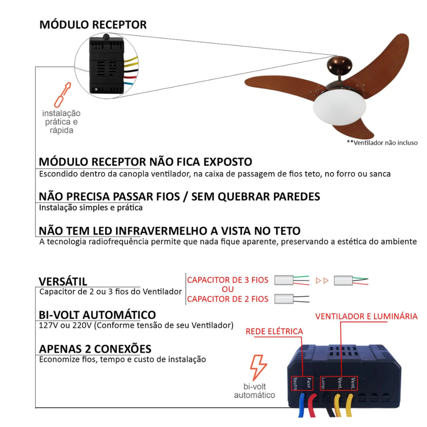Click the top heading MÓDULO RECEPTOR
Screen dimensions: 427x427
point(93,25)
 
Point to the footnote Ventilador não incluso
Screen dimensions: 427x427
point(382,143)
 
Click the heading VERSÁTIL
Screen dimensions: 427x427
point(63,281)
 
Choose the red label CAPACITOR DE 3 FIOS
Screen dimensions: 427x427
point(228,280)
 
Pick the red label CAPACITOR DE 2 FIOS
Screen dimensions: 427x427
point(228,299)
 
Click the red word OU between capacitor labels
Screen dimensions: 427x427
point(228,289)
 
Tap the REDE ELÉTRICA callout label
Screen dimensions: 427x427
point(274,331)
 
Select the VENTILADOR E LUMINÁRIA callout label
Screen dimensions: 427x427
point(366,316)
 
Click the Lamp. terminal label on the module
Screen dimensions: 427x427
point(323,383)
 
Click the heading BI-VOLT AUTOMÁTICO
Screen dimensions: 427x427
point(97,315)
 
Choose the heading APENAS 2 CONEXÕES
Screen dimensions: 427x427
point(95,349)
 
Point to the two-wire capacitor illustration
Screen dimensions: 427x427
point(292,299)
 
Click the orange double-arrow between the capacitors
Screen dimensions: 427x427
point(322,281)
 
